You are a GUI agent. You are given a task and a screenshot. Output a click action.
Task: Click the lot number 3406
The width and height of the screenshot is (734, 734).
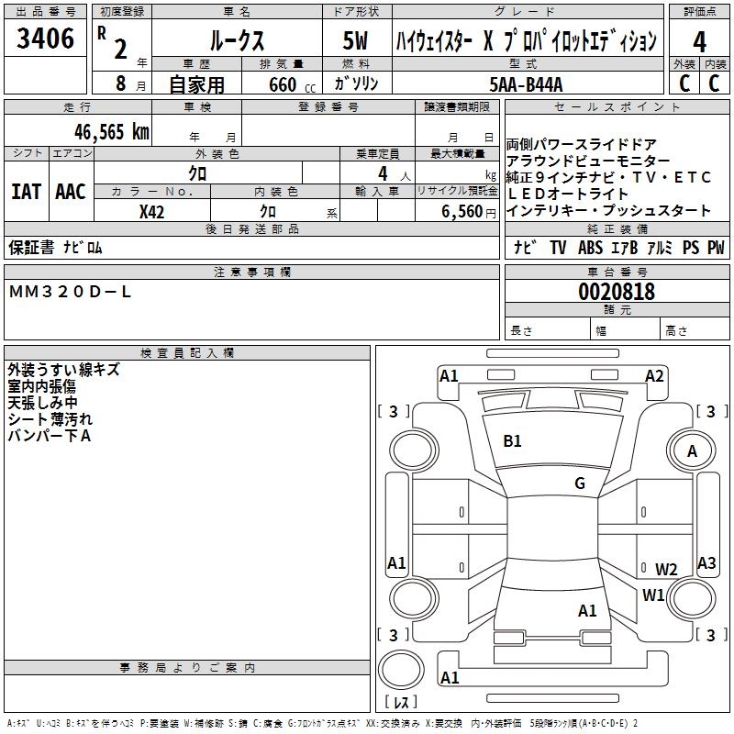45,39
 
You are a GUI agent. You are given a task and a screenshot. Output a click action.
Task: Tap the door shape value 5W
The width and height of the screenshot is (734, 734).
357,40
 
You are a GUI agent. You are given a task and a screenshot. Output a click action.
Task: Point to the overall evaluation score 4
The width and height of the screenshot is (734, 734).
699,40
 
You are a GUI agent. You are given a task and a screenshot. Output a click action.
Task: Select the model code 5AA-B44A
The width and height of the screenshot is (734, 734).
526,84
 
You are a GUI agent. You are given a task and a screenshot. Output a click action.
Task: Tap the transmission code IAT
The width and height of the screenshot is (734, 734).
26,192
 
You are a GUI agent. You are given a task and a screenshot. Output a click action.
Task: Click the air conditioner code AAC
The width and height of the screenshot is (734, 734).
70,192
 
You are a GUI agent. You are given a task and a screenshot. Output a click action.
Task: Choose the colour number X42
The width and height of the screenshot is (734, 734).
152,211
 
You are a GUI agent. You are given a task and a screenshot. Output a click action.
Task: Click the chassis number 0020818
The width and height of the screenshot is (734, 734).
616,293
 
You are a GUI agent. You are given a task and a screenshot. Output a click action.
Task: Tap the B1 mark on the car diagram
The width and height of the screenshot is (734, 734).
512,441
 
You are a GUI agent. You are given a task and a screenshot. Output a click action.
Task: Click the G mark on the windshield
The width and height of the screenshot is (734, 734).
580,484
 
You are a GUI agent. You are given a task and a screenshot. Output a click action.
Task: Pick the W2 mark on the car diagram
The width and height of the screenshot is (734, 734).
666,570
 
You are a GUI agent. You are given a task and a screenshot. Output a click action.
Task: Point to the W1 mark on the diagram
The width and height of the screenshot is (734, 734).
653,595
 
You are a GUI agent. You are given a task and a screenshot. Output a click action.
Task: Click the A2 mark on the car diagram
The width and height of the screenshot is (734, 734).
654,376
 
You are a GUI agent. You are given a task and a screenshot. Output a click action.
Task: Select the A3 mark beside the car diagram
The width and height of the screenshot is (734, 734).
706,563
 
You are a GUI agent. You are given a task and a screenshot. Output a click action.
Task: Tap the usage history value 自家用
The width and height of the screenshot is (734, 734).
196,84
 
